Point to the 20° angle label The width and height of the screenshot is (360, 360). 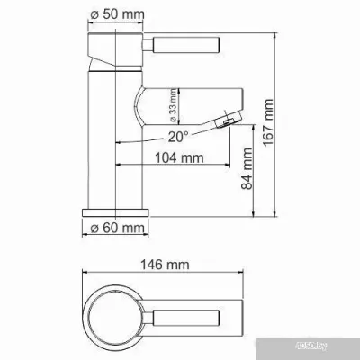[176, 137]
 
